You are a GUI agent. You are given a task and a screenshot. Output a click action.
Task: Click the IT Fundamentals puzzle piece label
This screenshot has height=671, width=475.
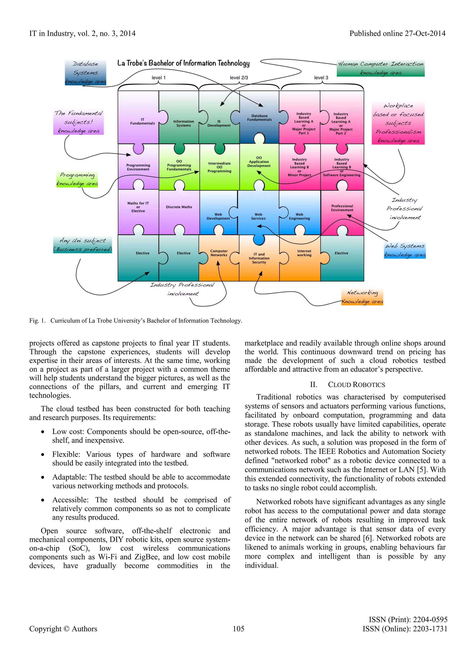point(142,121)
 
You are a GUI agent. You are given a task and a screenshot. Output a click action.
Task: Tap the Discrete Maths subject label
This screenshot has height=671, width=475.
point(179,207)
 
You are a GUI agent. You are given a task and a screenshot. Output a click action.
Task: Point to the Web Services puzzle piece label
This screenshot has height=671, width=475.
point(258,216)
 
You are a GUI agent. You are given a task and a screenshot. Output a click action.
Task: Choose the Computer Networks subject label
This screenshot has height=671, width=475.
point(219,253)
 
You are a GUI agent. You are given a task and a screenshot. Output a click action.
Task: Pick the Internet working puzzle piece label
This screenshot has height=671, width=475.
point(304,253)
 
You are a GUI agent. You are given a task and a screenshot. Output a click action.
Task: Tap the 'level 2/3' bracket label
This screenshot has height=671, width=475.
point(239,77)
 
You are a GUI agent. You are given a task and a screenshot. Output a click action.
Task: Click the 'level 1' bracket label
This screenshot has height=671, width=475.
point(159,77)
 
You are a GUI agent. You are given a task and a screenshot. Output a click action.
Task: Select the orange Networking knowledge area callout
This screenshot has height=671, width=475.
point(362,297)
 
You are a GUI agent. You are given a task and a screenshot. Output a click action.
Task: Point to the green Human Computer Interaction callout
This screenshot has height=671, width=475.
point(381,68)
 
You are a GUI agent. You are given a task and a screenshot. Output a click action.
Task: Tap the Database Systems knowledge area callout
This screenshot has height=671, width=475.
point(85,73)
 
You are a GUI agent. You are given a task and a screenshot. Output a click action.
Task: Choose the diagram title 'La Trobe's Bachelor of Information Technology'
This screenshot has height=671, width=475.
point(183,63)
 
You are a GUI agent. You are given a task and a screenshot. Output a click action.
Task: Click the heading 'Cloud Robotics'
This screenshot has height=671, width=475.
point(356,385)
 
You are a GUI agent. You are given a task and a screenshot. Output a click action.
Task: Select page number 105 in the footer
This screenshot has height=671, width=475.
point(238,629)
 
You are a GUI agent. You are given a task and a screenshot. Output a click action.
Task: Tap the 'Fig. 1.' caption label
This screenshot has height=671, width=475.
point(37,321)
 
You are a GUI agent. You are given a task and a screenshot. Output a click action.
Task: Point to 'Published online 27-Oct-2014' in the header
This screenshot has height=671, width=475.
point(397,34)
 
